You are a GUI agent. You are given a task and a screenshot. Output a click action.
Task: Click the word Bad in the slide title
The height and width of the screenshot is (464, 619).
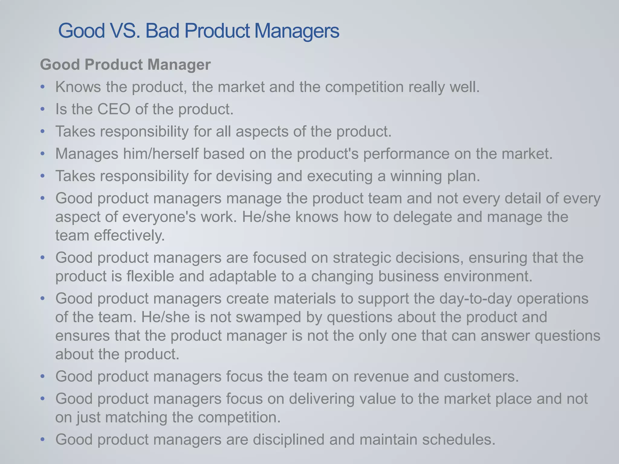(x=162, y=31)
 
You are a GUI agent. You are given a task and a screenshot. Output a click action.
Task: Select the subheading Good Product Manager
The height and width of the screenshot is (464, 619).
(x=125, y=65)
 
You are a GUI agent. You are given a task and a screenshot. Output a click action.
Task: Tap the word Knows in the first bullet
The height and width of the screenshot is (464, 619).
(x=78, y=87)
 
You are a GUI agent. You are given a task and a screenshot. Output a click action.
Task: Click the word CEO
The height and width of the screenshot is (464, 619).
(x=114, y=109)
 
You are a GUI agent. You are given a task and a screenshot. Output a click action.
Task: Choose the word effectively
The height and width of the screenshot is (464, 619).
(x=129, y=235)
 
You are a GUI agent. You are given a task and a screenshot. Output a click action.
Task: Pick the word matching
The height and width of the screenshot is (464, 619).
(x=136, y=417)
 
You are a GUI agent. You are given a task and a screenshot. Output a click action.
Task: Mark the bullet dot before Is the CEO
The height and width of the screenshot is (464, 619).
(x=43, y=109)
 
